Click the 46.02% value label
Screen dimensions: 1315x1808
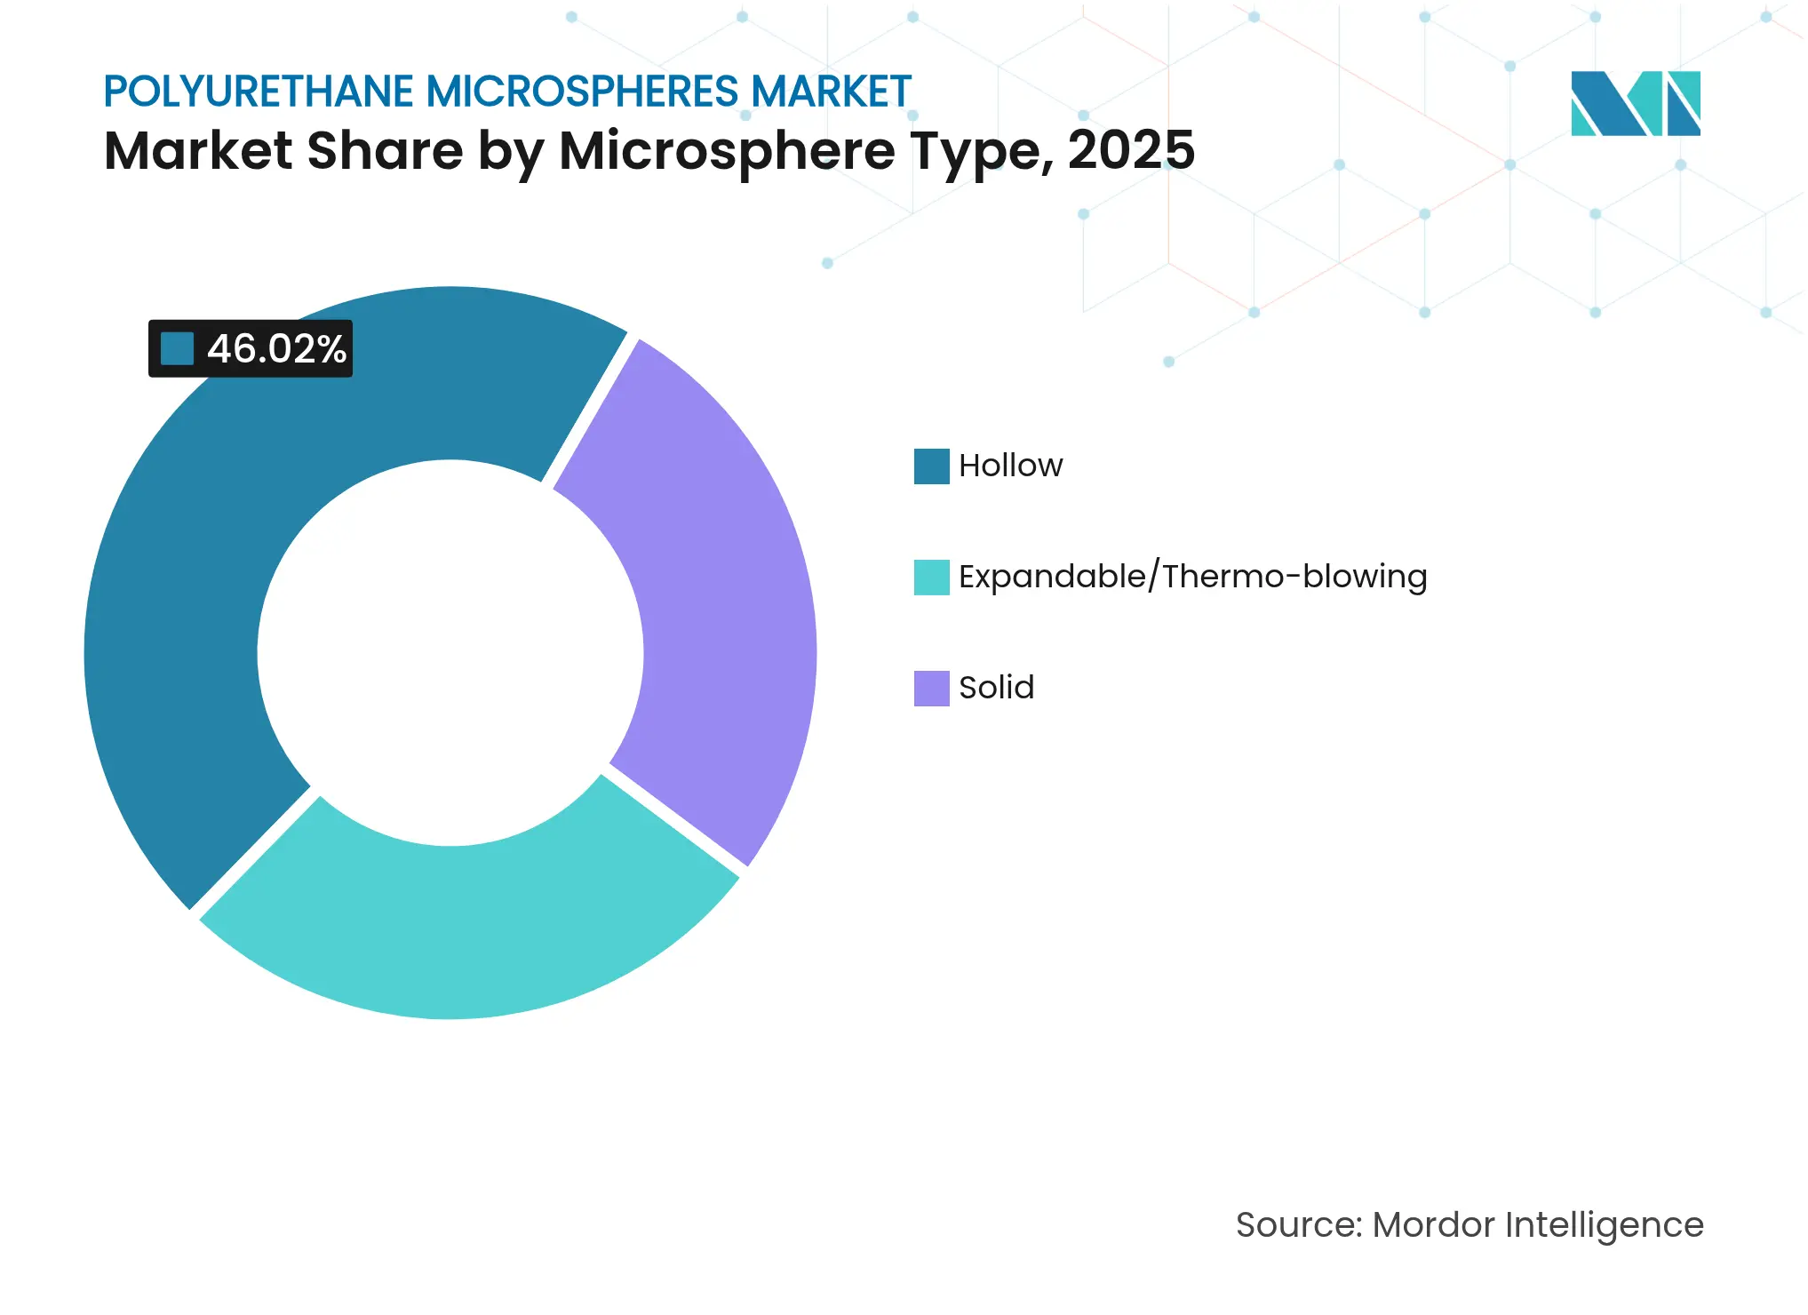click(276, 349)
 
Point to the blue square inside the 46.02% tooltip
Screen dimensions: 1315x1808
click(177, 349)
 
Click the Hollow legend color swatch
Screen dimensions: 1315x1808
click(931, 466)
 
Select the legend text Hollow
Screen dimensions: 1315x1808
click(1010, 466)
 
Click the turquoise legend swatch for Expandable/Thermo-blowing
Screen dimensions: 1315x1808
click(931, 578)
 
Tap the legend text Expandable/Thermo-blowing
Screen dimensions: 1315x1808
click(1192, 578)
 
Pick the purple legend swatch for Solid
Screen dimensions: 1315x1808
click(931, 689)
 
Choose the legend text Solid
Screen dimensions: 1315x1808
click(996, 689)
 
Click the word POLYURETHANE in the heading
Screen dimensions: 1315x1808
click(259, 92)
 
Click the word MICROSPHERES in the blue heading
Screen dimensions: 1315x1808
click(582, 92)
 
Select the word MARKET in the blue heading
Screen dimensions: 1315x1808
click(831, 92)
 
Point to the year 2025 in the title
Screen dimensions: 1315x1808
click(1131, 150)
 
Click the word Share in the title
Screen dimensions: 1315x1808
click(385, 150)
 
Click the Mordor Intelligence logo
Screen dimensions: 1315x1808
click(1635, 104)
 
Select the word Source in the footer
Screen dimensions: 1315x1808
click(1297, 1225)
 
